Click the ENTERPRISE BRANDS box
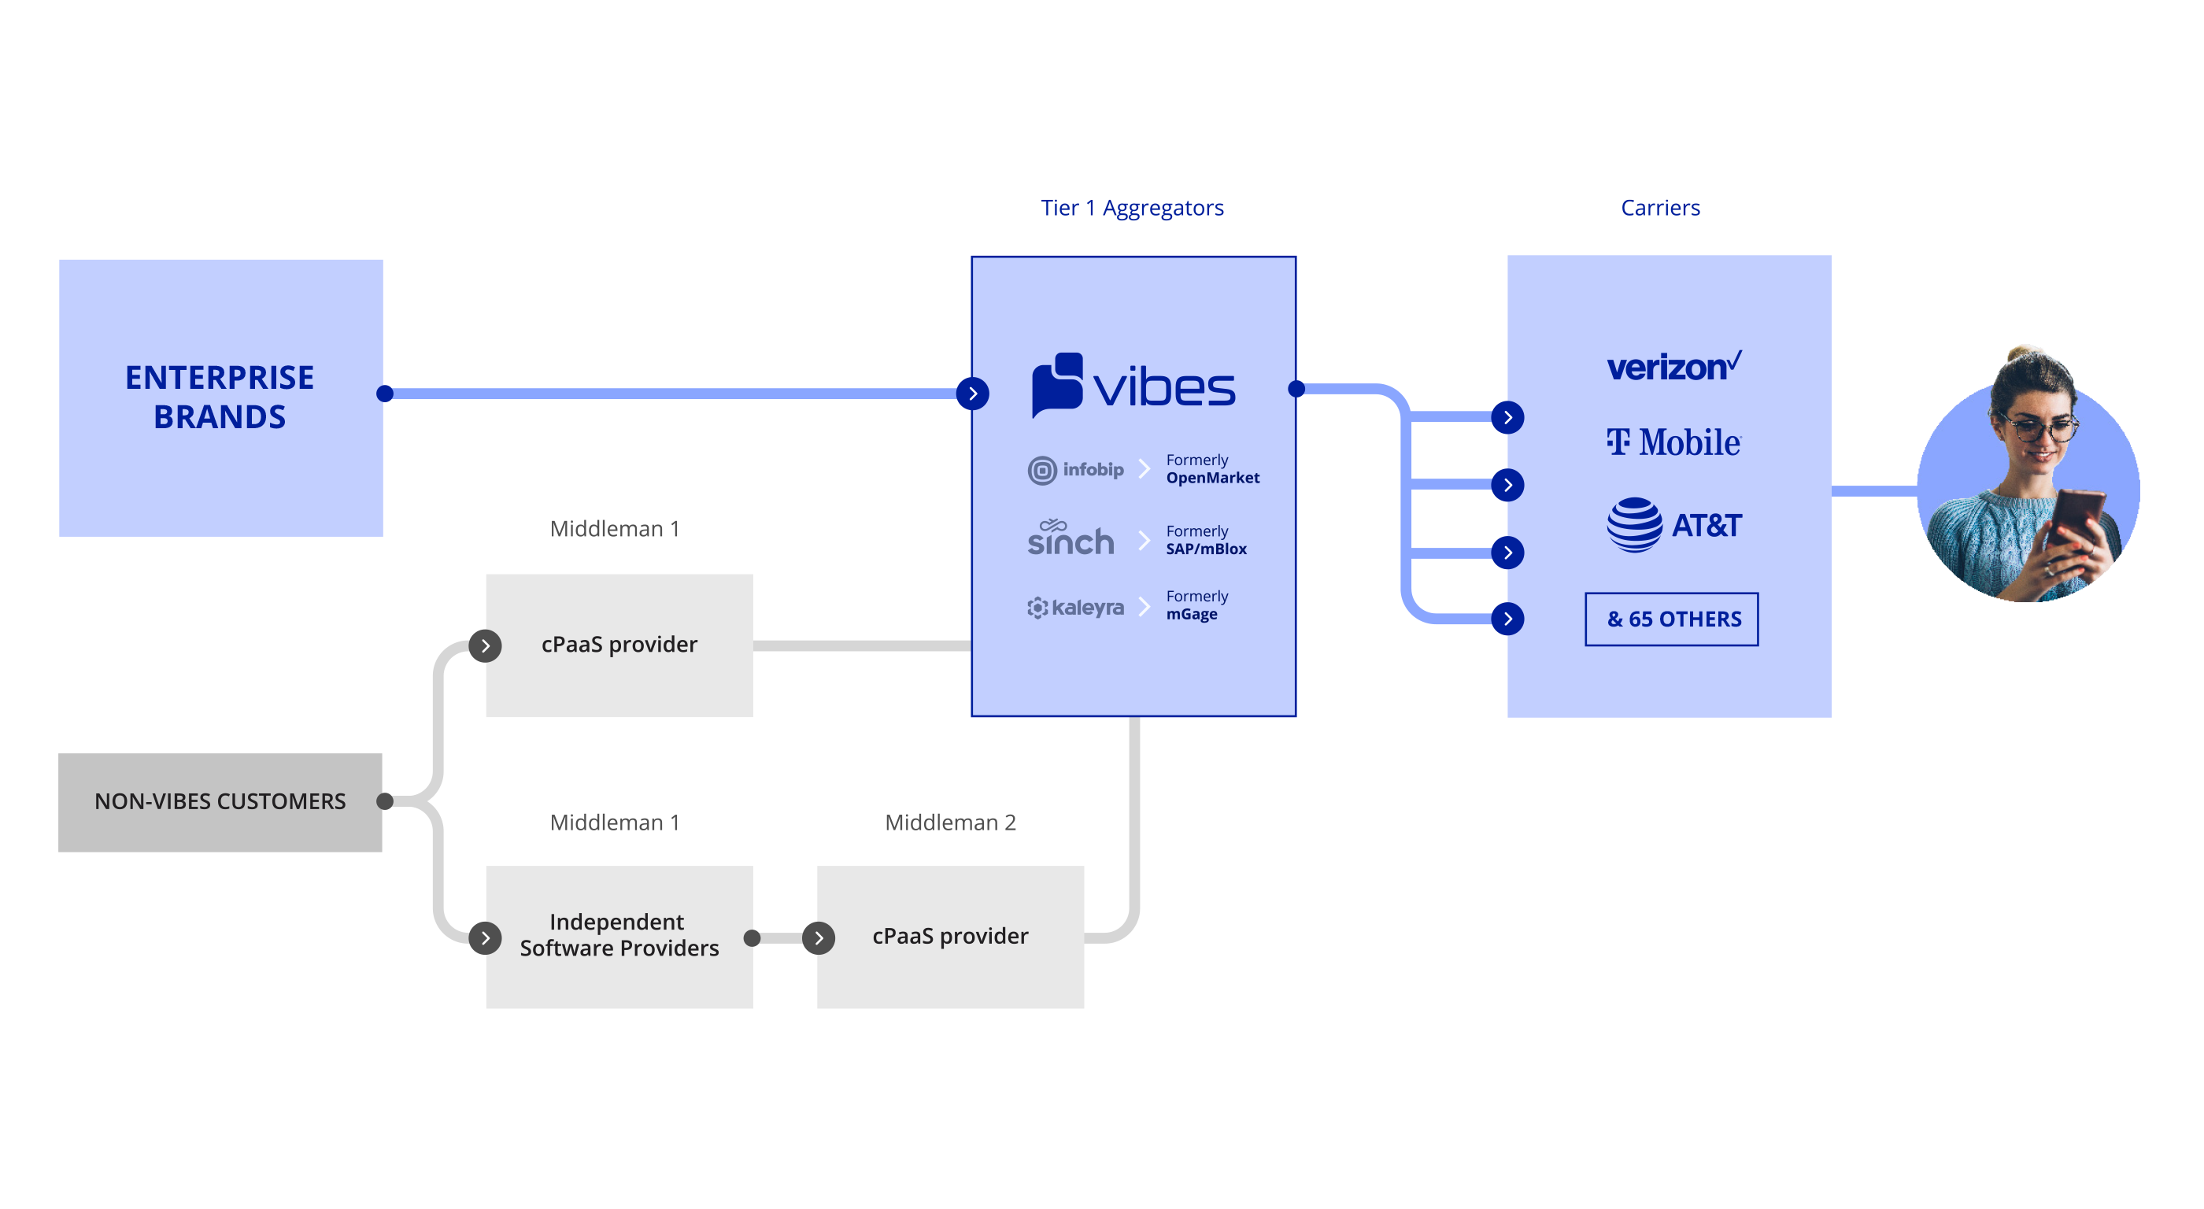point(220,397)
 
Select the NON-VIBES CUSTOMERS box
point(220,802)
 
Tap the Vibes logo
point(1133,386)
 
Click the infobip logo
point(1075,470)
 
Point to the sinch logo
point(1071,538)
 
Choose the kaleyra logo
point(1075,608)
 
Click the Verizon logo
point(1673,366)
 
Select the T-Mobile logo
point(1673,442)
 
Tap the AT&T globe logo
point(1634,524)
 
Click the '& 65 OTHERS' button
point(1671,619)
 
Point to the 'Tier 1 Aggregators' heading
point(1132,208)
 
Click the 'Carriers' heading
point(1660,208)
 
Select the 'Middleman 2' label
point(950,823)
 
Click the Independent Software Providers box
point(619,936)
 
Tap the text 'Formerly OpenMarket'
point(1211,469)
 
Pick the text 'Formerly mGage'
point(1196,605)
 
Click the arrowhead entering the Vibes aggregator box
point(973,394)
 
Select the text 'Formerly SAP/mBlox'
point(1206,540)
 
